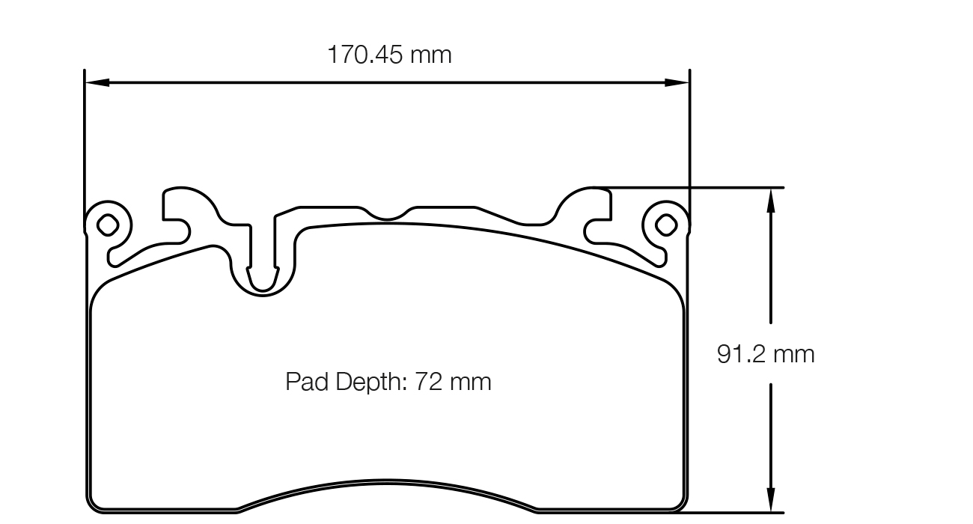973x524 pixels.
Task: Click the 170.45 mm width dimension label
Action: pos(389,55)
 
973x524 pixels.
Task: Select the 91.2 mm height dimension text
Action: pos(765,354)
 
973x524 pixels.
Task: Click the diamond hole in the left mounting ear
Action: pos(107,224)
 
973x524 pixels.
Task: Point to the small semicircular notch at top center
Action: pos(386,214)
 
